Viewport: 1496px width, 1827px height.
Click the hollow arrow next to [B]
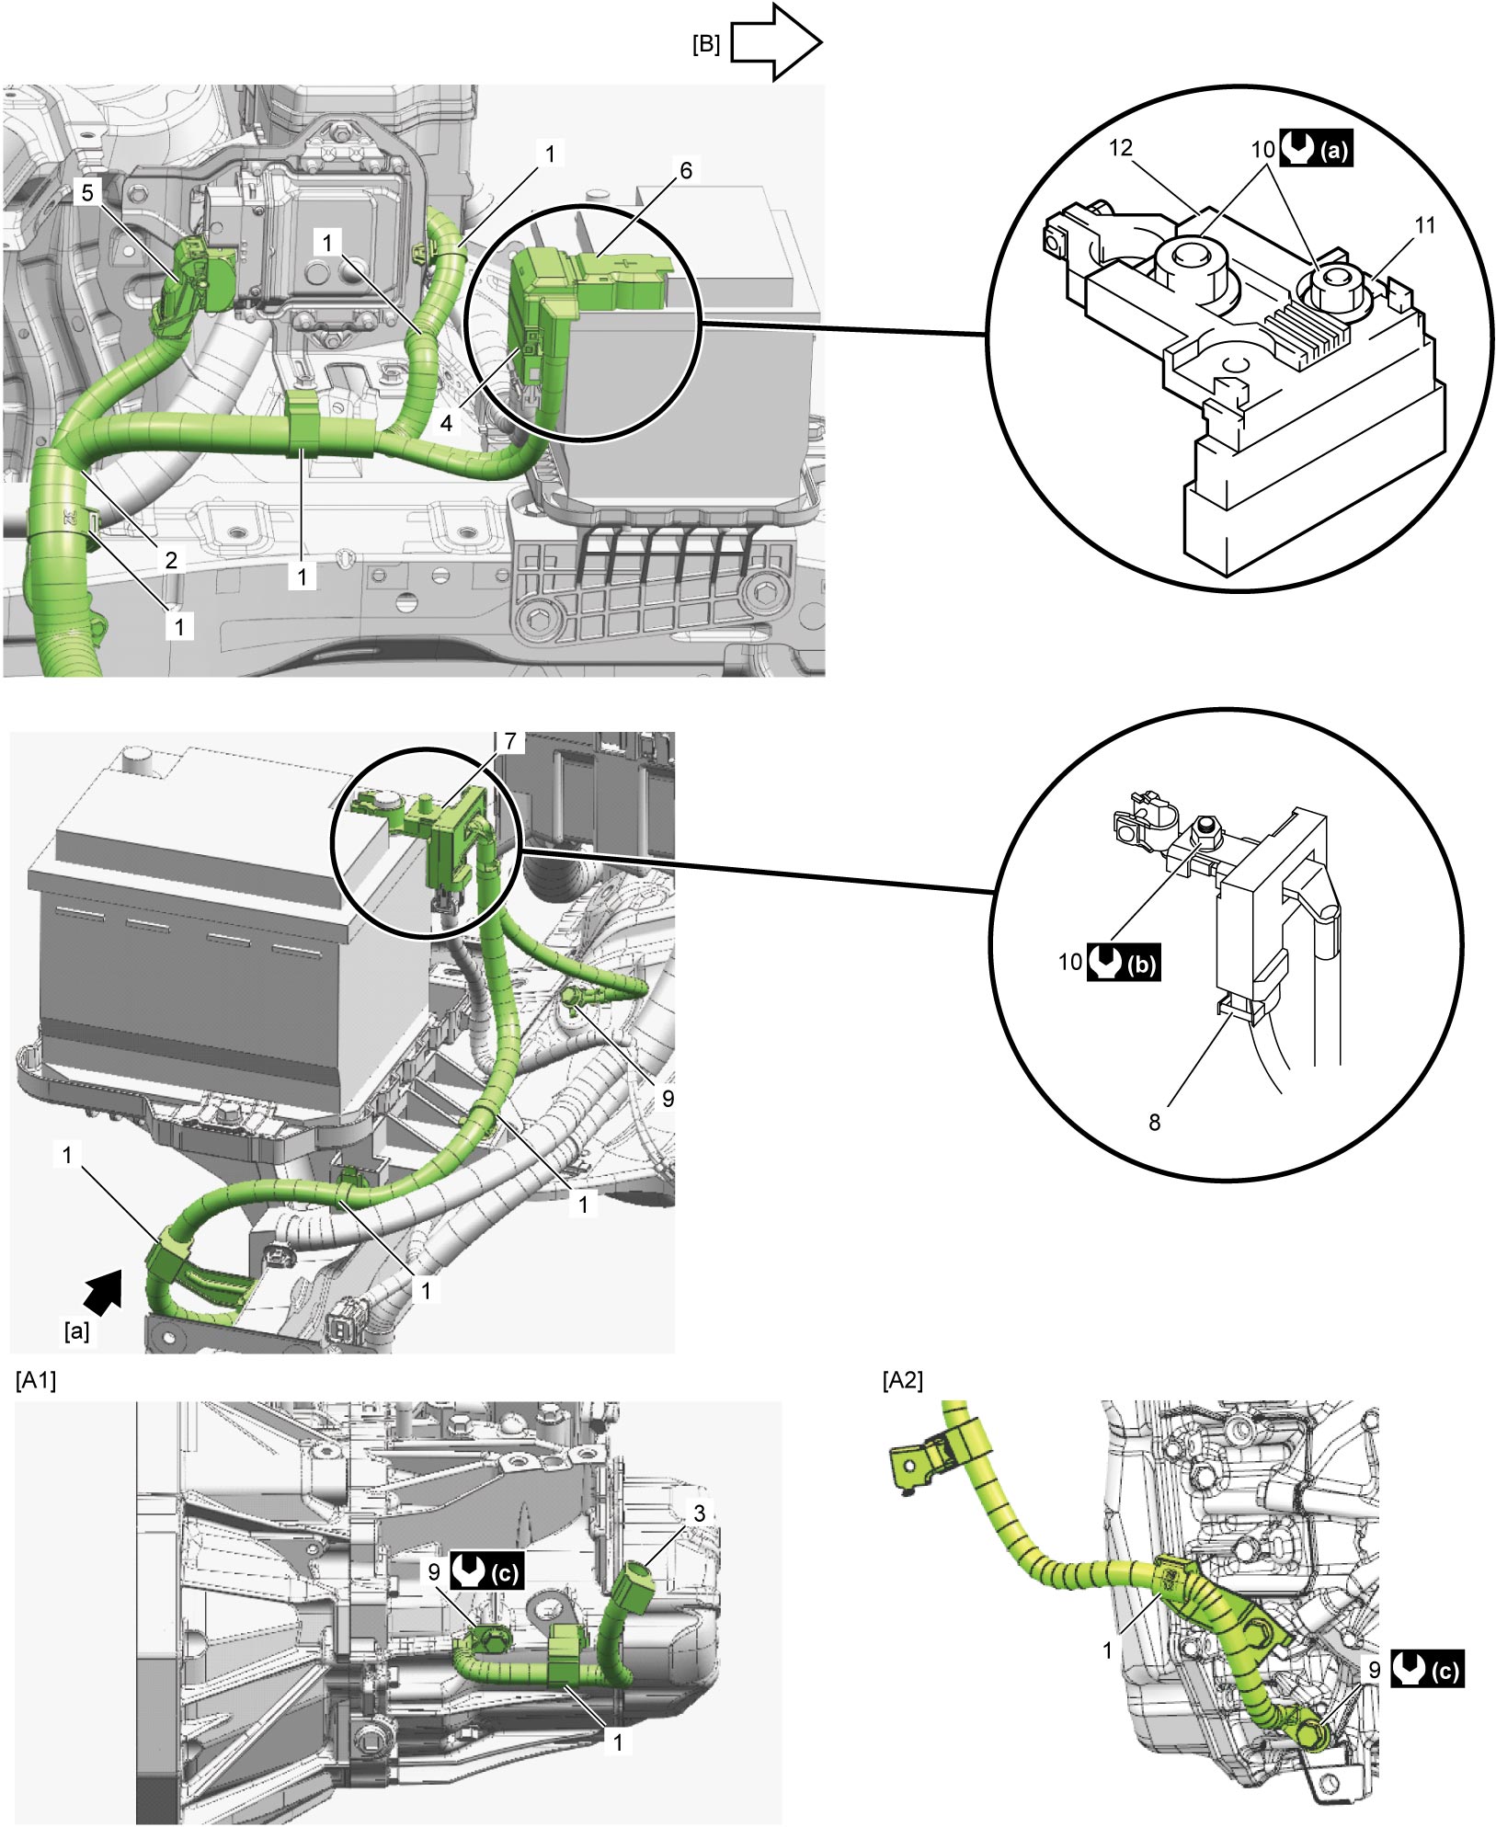click(x=774, y=41)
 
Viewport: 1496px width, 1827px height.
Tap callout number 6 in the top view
click(x=685, y=170)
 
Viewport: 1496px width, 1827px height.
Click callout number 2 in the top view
click(x=171, y=558)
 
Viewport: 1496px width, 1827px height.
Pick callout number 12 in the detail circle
click(x=1121, y=148)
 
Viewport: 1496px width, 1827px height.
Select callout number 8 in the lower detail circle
click(x=1154, y=1122)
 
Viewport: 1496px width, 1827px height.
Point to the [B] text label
click(x=705, y=44)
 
